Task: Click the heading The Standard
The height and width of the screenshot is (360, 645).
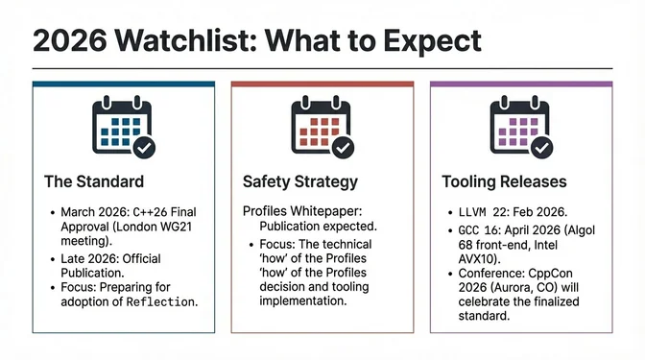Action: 94,181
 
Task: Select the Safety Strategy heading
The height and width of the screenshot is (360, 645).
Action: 300,181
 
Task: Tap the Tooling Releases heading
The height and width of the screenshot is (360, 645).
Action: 504,181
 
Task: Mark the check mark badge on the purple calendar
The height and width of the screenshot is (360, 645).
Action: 541,148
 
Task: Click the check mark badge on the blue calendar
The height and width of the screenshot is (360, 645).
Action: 144,148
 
